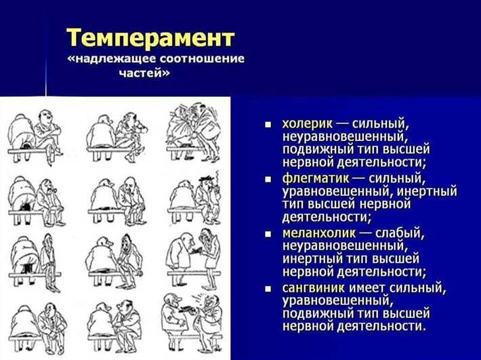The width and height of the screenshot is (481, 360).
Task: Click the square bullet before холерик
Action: coord(268,125)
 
